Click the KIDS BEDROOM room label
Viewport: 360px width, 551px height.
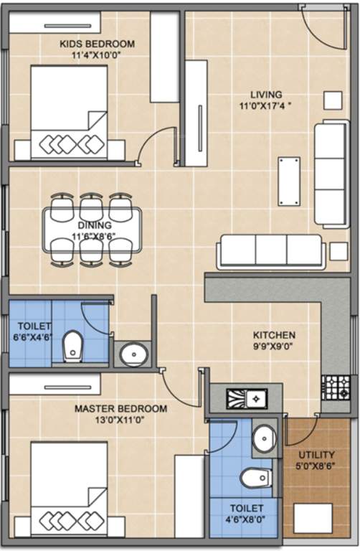click(96, 44)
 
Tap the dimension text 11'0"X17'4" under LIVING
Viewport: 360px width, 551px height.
click(266, 106)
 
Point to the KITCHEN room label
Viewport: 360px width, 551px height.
click(273, 335)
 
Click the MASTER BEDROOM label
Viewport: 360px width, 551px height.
click(120, 409)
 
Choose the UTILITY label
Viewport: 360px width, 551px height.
click(316, 455)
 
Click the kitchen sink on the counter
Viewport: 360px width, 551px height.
click(244, 397)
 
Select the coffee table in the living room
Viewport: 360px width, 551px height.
click(290, 182)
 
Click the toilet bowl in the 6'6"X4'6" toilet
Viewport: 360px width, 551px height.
click(72, 347)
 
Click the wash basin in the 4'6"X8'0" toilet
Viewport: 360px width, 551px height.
click(263, 437)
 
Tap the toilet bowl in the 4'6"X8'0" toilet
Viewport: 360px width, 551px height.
click(255, 476)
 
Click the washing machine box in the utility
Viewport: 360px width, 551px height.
click(313, 518)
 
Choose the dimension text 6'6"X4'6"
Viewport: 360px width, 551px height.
click(29, 335)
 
